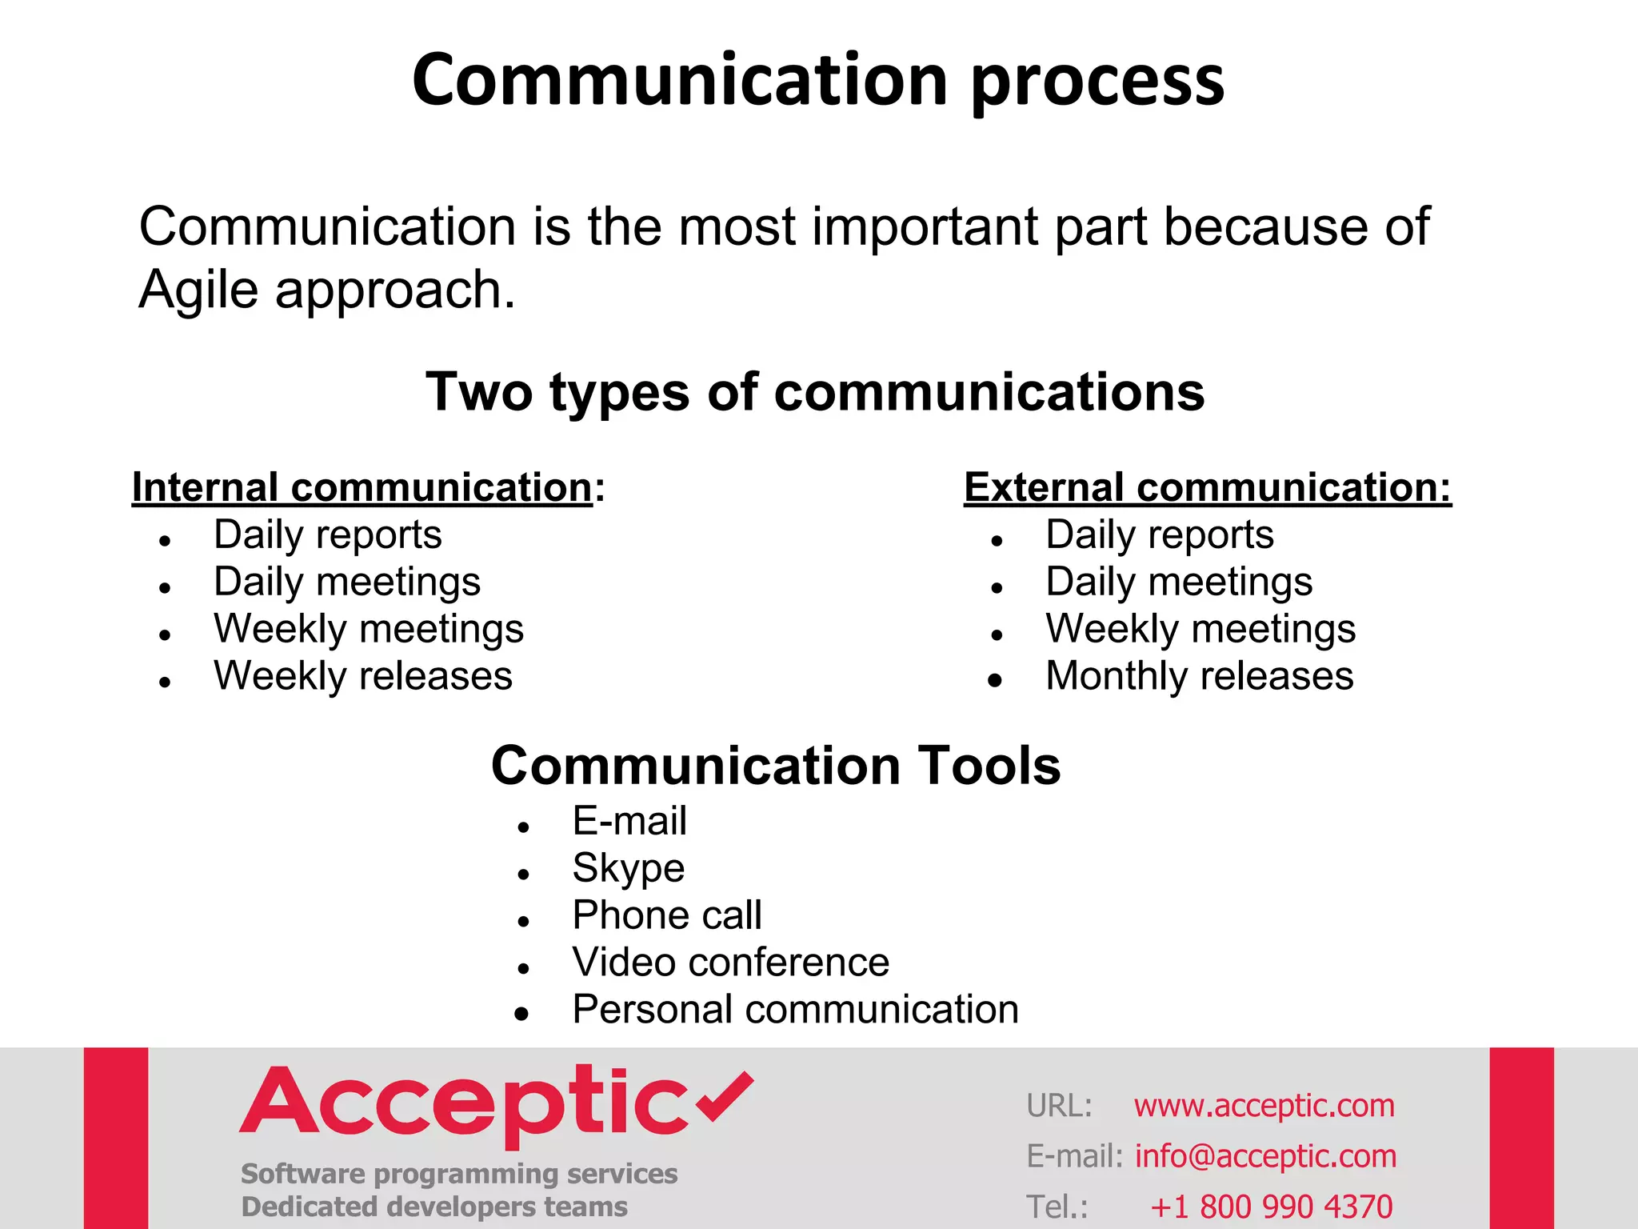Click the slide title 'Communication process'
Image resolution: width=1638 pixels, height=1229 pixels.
tap(817, 80)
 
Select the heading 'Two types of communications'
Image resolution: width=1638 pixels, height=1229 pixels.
tap(814, 392)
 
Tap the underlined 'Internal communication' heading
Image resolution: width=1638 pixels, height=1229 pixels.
tap(362, 487)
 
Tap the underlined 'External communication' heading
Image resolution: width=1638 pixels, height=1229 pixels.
tap(1206, 487)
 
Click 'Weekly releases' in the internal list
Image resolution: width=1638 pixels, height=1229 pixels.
tap(362, 676)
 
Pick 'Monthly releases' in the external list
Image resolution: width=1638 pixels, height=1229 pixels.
tap(1199, 676)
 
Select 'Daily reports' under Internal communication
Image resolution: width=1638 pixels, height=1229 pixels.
tap(327, 534)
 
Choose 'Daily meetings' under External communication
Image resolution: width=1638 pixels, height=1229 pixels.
tap(1178, 582)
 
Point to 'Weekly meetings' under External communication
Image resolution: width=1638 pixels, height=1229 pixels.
tap(1200, 629)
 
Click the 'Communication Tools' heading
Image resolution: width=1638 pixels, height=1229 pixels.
tap(775, 766)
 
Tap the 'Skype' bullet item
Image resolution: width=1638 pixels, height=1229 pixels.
tap(628, 868)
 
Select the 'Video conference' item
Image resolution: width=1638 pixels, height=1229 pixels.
tap(729, 963)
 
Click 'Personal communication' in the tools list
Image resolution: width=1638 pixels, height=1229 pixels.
tap(795, 1010)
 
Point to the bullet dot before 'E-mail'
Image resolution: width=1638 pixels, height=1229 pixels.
tap(523, 827)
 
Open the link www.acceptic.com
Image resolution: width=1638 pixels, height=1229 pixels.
tap(1264, 1106)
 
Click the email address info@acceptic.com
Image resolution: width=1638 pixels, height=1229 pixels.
tap(1265, 1156)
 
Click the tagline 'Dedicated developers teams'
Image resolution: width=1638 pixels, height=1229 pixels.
tap(434, 1207)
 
